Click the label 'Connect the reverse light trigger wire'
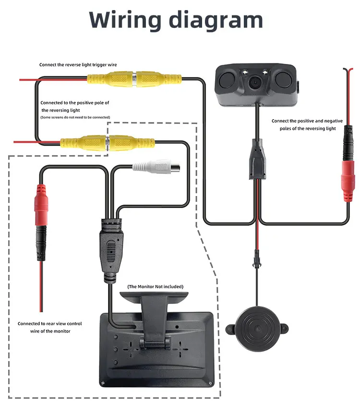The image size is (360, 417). tap(78, 64)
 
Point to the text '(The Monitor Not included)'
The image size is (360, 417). tap(155, 287)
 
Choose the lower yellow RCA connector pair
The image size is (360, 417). tap(107, 142)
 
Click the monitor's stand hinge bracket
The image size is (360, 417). tap(155, 342)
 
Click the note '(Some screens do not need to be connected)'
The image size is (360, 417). tap(75, 117)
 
